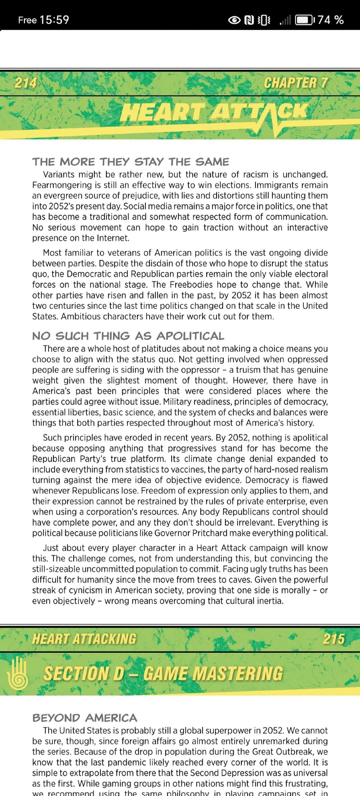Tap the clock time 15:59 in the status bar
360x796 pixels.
pos(54,20)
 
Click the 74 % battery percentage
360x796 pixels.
pos(331,20)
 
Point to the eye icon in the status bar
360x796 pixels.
pos(234,20)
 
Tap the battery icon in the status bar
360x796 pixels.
pos(305,20)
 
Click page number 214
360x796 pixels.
pos(25,83)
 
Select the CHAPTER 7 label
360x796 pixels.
pos(295,83)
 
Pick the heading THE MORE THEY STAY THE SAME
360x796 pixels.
pos(131,162)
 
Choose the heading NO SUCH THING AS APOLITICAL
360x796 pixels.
pos(128,336)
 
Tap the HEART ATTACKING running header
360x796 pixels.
pos(84,639)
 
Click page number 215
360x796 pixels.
pos(334,639)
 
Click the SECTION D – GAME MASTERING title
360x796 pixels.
pos(163,673)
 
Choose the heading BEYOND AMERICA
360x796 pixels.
pos(85,718)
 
